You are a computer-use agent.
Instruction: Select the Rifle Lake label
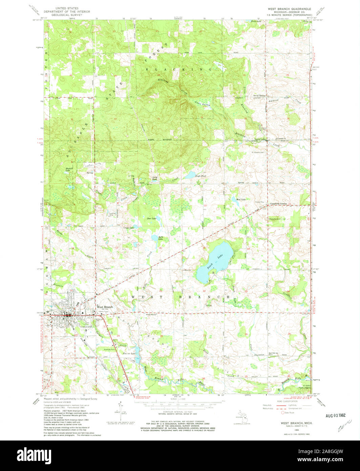pyautogui.click(x=161, y=238)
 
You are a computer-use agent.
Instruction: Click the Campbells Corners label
pyautogui.click(x=278, y=204)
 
